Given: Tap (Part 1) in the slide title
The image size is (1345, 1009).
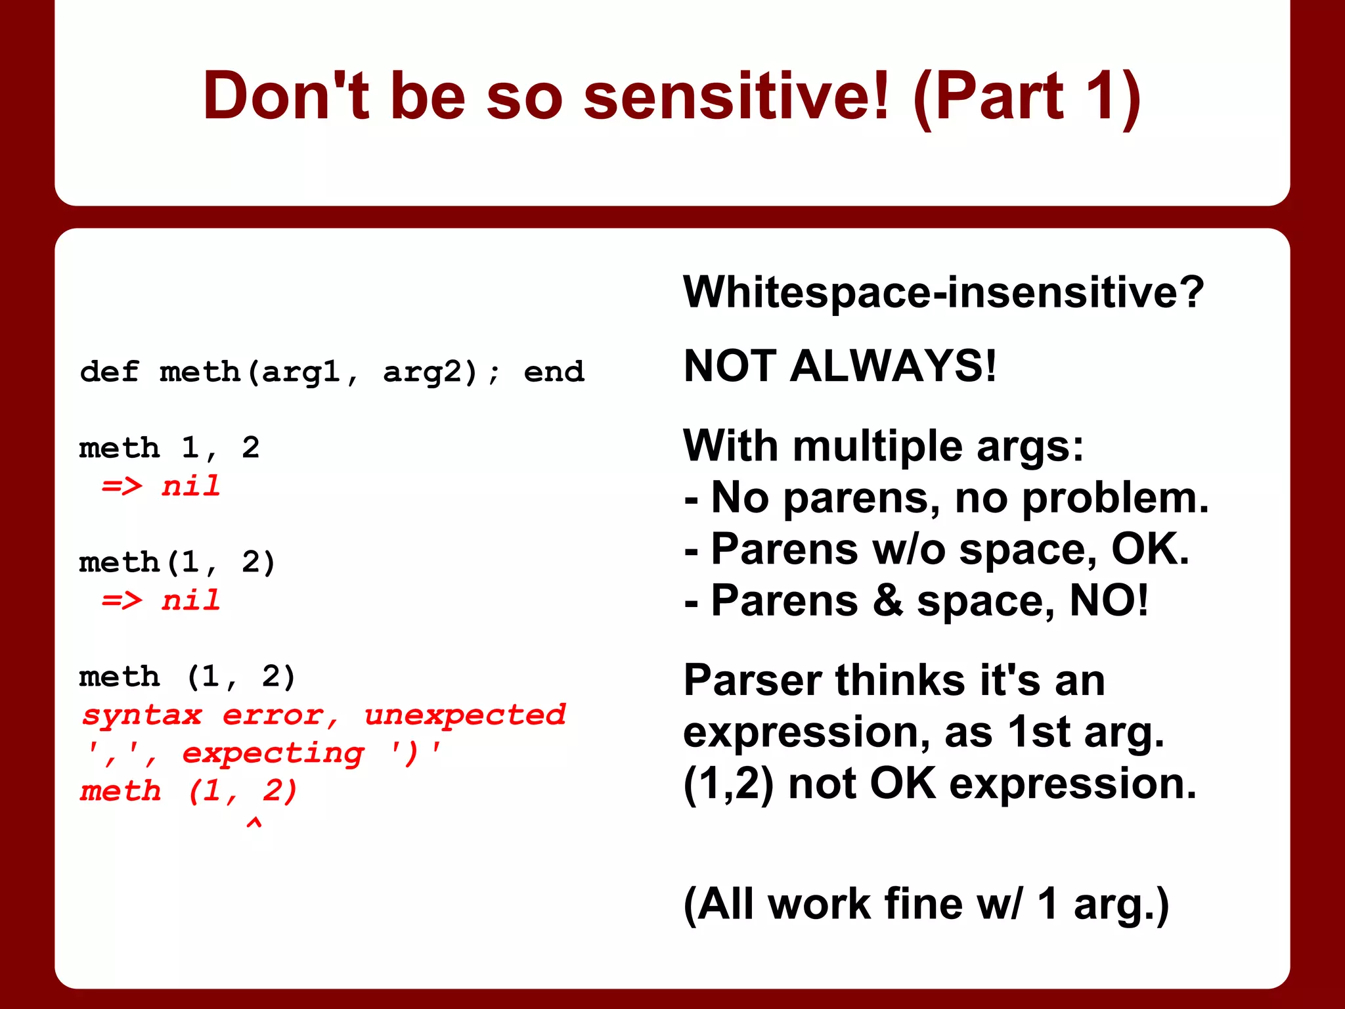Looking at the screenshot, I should pos(1028,97).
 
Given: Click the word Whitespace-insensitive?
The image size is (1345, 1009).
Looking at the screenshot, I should pos(943,292).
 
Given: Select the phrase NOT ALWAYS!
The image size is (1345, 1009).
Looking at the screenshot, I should pos(839,366).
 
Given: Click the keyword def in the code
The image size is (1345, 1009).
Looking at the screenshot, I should pos(109,372).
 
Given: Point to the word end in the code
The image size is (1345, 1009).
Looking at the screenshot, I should pos(553,372).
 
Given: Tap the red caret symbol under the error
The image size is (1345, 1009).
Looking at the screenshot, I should pos(254,822).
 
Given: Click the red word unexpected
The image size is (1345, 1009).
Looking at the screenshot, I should pos(464,715).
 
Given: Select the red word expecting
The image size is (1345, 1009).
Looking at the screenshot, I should pos(273,753).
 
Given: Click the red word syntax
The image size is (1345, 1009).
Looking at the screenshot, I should pos(141,715).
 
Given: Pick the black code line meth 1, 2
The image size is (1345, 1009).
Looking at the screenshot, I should pos(169,449).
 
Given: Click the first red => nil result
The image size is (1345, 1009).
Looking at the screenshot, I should pos(161,487).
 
